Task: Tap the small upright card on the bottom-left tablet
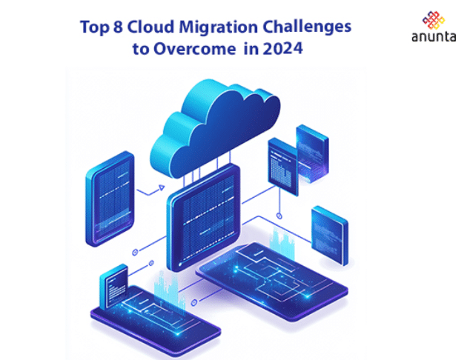pos(116,284)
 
